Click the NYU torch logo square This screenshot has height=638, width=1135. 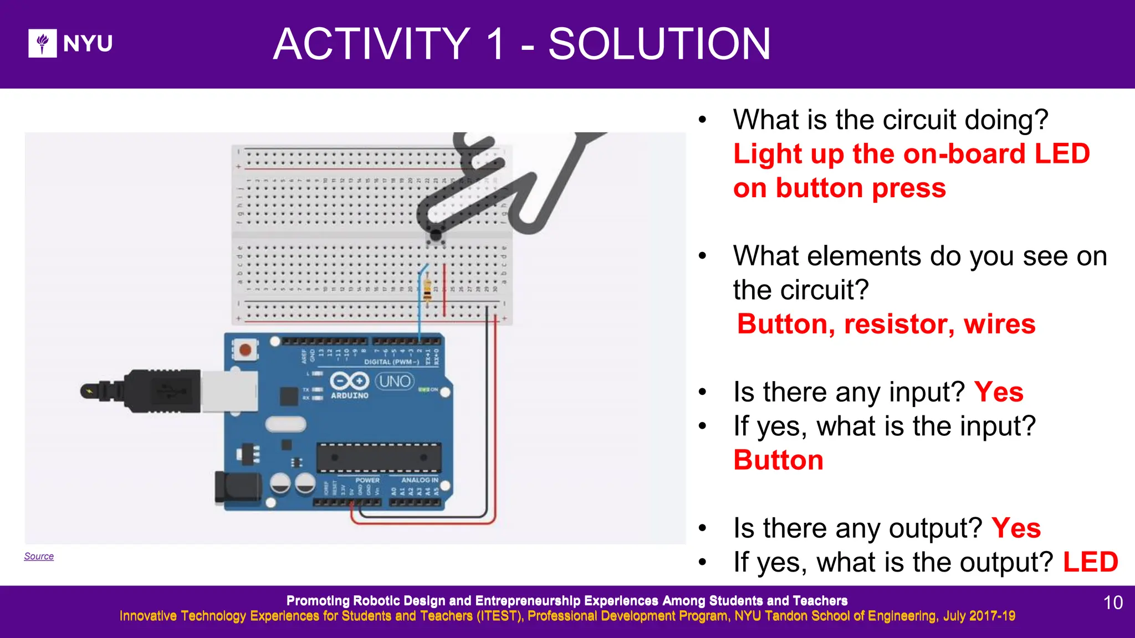pyautogui.click(x=42, y=43)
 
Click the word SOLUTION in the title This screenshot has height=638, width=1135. pyautogui.click(x=659, y=44)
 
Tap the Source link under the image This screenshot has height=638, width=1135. pyautogui.click(x=39, y=556)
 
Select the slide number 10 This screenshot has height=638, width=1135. pyautogui.click(x=1113, y=603)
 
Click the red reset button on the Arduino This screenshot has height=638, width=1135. pyautogui.click(x=245, y=350)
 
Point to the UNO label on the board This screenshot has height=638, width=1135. pyautogui.click(x=395, y=382)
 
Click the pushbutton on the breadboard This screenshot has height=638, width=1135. pyautogui.click(x=436, y=236)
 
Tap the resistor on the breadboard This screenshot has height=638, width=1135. pyautogui.click(x=427, y=289)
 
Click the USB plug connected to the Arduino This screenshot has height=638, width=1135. pyautogui.click(x=166, y=392)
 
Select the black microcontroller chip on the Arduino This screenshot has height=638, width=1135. pyautogui.click(x=379, y=458)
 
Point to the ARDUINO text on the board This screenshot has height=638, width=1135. pyautogui.click(x=350, y=395)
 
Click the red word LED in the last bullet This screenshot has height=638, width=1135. pyautogui.click(x=1090, y=562)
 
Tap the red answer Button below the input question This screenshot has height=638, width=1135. pyautogui.click(x=778, y=460)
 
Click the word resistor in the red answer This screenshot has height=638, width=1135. pyautogui.click(x=898, y=324)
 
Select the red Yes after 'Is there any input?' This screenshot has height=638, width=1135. pyautogui.click(x=998, y=392)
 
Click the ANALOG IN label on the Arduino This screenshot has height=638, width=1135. pyautogui.click(x=420, y=480)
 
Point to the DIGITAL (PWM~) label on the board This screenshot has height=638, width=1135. pyautogui.click(x=392, y=362)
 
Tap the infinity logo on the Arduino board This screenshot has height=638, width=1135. pyautogui.click(x=350, y=382)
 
